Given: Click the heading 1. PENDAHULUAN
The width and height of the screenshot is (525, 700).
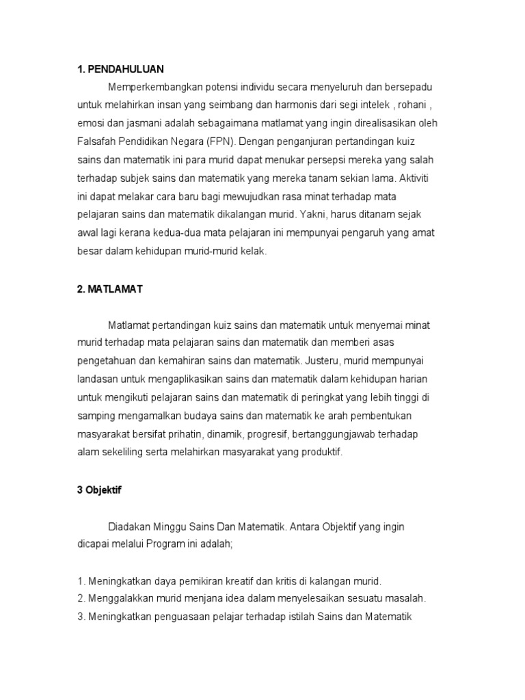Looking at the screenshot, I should tap(120, 69).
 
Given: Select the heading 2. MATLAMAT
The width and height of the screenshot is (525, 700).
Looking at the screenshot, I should tap(109, 290).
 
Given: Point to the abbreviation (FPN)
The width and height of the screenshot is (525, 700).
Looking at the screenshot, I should tap(220, 142).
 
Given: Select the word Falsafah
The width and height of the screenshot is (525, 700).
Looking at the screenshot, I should tap(95, 142).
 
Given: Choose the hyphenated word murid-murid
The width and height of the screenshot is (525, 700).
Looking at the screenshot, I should tap(209, 250).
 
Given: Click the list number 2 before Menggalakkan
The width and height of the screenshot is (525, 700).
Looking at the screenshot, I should tap(80, 599).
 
